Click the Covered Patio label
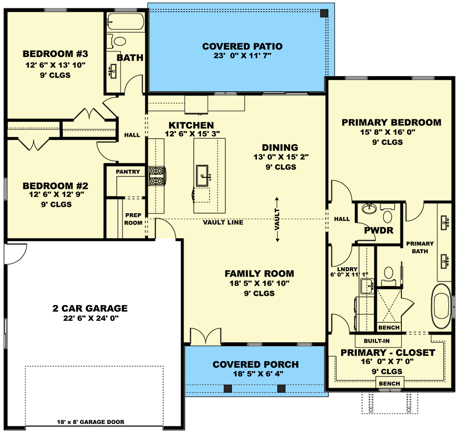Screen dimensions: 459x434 coord(242,46)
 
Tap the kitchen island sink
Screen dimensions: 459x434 coord(202,175)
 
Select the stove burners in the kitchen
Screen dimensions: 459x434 coord(157,176)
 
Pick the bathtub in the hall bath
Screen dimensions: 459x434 coord(125,21)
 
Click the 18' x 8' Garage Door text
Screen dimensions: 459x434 coord(91,422)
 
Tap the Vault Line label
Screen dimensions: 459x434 coord(223,222)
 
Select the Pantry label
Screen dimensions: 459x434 coord(128,172)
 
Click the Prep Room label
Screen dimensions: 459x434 coord(133,219)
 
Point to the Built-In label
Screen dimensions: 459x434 coord(377,341)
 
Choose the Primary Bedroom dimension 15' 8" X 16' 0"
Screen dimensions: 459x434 coord(388,132)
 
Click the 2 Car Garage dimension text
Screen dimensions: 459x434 coord(91,318)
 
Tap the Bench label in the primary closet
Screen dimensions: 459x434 coord(389,384)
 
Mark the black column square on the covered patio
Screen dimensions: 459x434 coord(324,13)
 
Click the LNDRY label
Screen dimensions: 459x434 coord(347,269)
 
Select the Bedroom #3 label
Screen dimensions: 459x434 coord(55,54)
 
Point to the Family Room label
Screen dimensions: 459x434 coord(260,274)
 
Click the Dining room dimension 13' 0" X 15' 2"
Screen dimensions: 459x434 coord(281,157)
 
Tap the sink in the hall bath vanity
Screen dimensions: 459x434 coord(113,71)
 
